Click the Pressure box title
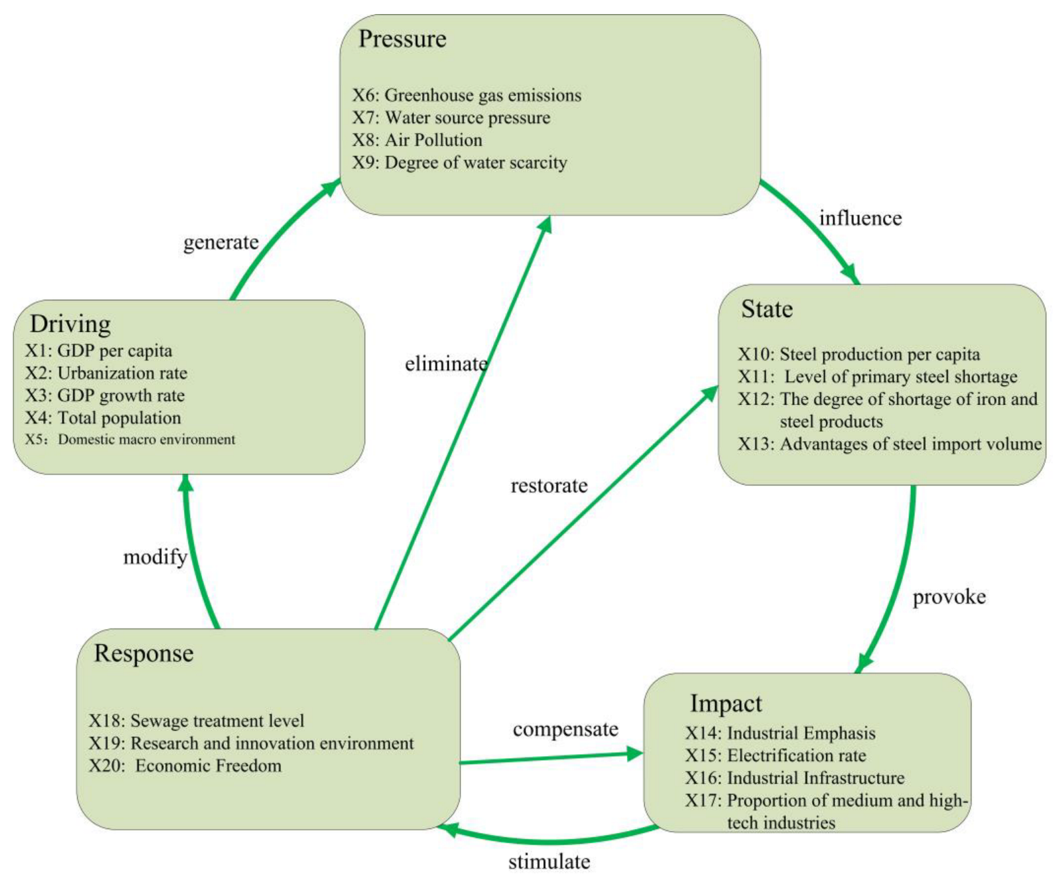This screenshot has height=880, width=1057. click(x=402, y=39)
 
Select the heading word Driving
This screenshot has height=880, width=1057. click(x=70, y=324)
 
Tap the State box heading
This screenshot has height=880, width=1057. click(x=767, y=309)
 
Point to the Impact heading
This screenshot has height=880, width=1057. click(x=726, y=703)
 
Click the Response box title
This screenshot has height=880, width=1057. click(x=144, y=653)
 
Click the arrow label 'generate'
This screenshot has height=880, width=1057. click(x=221, y=242)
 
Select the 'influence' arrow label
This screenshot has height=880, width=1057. click(x=860, y=218)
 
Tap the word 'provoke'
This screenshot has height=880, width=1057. click(x=949, y=597)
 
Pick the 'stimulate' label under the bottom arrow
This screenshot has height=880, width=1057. click(x=549, y=862)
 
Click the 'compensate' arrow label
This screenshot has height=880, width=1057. click(x=565, y=729)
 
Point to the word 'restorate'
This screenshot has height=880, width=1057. click(x=549, y=486)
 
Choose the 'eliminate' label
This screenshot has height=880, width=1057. click(x=446, y=364)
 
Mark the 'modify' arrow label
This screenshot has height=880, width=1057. click(x=155, y=557)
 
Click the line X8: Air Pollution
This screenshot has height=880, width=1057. click(x=417, y=140)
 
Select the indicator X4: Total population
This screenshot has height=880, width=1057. click(x=104, y=418)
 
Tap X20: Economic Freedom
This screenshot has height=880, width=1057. click(x=185, y=766)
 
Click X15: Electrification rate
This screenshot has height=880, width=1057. click(x=775, y=756)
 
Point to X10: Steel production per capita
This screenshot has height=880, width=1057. click(x=859, y=354)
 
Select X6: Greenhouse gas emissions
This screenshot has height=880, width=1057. click(x=467, y=95)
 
